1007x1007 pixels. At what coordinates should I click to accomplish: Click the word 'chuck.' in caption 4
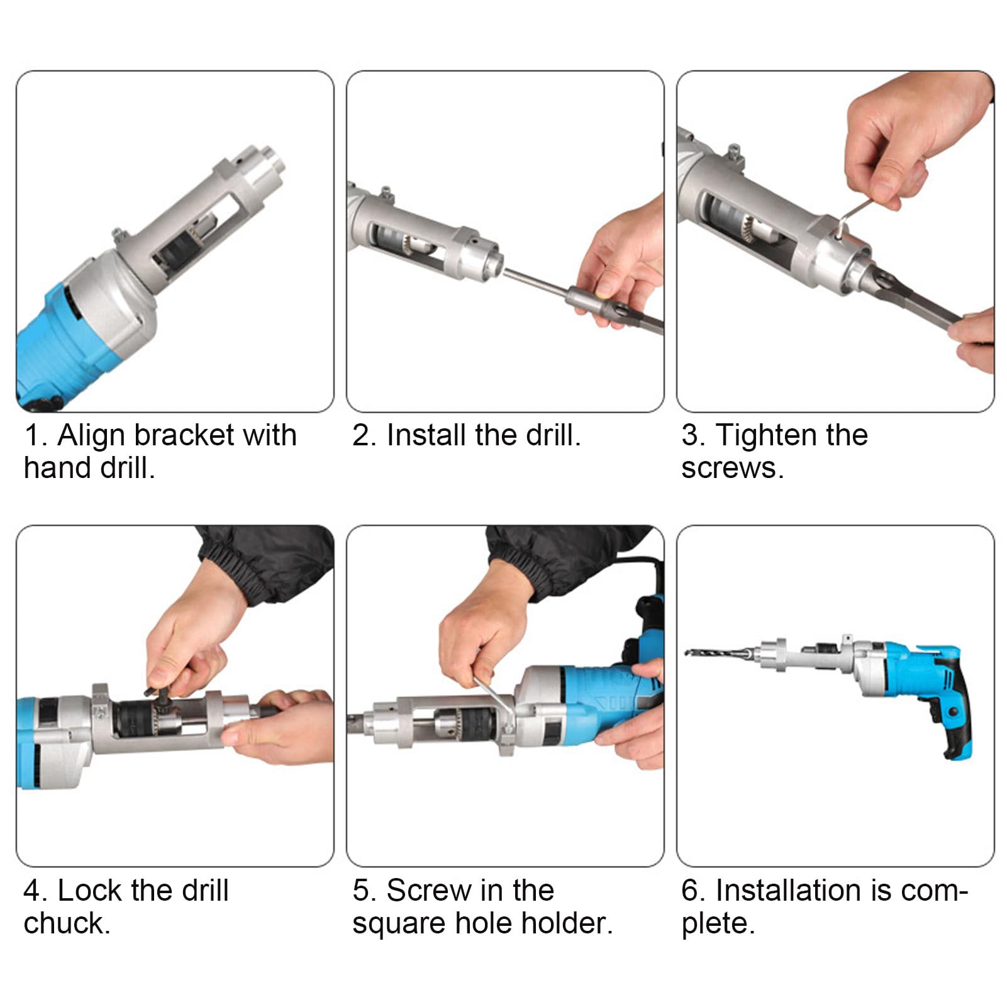(x=67, y=923)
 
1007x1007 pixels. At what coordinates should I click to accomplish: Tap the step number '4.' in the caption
(x=35, y=891)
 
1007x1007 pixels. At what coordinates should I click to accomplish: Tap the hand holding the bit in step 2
(x=620, y=264)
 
